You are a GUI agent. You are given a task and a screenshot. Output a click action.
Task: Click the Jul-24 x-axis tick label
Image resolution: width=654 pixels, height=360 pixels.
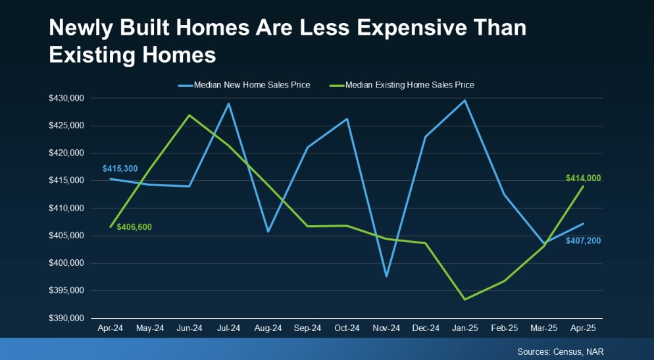[x=229, y=328]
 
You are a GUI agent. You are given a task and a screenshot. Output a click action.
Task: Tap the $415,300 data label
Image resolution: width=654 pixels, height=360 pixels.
[x=120, y=169]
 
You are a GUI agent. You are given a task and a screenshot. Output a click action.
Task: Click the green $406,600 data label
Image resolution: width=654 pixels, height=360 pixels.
[x=134, y=227]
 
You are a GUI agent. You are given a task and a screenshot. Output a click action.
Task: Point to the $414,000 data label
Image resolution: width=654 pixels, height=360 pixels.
[x=584, y=178]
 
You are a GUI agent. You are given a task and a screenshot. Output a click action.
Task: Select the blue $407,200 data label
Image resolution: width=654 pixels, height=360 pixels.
[x=582, y=241]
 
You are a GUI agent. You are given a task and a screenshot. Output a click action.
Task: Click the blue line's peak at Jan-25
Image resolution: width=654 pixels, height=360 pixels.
[x=465, y=100]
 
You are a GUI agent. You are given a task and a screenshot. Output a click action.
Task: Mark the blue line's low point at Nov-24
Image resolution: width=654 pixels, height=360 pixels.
[x=386, y=276]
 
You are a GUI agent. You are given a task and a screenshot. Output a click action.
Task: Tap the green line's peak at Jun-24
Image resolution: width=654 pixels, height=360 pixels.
[x=189, y=115]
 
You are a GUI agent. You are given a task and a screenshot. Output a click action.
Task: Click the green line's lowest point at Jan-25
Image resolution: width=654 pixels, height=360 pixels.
[x=465, y=299]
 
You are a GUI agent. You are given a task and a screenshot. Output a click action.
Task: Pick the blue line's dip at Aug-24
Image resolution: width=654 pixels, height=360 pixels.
[x=268, y=232]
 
